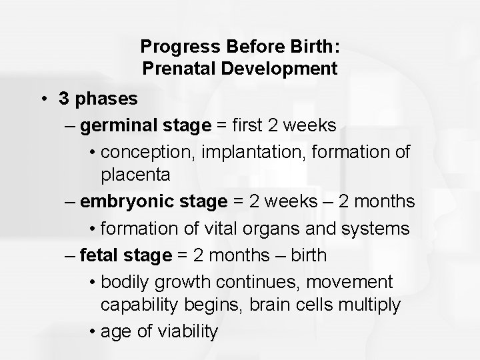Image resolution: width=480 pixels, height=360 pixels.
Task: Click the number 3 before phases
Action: point(64,99)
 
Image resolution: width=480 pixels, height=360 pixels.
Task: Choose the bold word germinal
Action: point(114,125)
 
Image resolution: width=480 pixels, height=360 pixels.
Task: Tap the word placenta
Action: point(136,175)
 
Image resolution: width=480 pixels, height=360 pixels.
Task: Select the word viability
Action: point(184,331)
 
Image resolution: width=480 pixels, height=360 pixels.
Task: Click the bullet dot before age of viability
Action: point(91,331)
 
